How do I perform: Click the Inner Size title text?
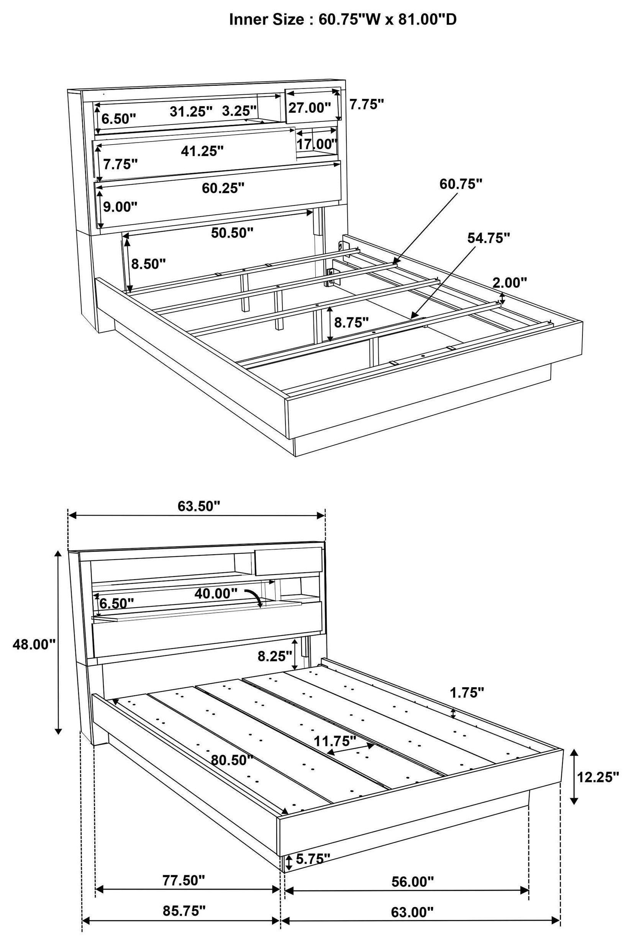click(x=343, y=19)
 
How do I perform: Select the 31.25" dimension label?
click(x=190, y=112)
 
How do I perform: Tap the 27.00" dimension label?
click(x=309, y=108)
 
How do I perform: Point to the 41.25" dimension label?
click(x=202, y=151)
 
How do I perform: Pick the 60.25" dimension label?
click(x=223, y=188)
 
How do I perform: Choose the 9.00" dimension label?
click(x=120, y=207)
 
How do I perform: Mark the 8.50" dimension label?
click(x=148, y=264)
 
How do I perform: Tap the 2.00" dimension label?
click(x=510, y=282)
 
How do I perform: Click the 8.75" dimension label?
click(x=352, y=322)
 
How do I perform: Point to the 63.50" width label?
click(x=199, y=506)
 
